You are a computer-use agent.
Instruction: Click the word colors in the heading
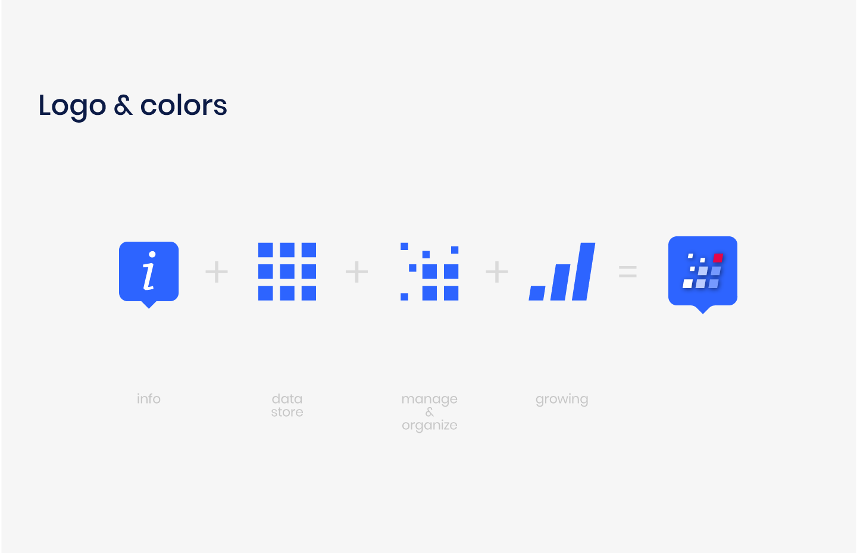click(x=184, y=105)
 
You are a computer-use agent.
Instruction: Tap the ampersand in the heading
click(x=123, y=105)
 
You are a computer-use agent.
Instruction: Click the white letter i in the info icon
click(x=149, y=271)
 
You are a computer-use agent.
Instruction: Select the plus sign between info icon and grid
click(x=217, y=272)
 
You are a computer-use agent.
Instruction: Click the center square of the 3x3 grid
click(x=287, y=271)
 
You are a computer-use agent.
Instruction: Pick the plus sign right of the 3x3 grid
click(x=356, y=272)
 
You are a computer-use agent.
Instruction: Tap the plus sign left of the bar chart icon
click(x=496, y=272)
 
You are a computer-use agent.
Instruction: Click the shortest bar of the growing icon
click(x=537, y=293)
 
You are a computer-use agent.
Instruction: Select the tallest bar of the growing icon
click(x=584, y=271)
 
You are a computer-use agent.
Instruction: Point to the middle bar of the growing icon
click(x=561, y=282)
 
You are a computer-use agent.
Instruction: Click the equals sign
click(x=628, y=271)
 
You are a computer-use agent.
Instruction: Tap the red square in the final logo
click(x=718, y=258)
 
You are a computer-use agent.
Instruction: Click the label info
click(x=149, y=399)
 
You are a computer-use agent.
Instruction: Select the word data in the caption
click(x=287, y=399)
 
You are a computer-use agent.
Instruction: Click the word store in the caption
click(x=287, y=412)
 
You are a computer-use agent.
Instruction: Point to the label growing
click(x=562, y=400)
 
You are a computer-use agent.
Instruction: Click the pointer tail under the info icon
click(x=149, y=305)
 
